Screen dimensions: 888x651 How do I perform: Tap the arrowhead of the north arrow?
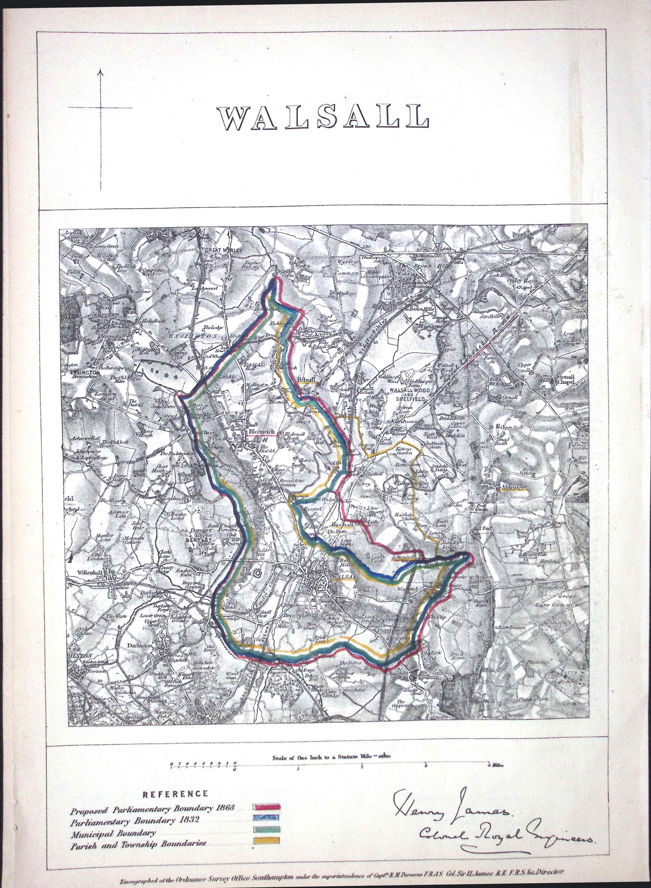(100, 72)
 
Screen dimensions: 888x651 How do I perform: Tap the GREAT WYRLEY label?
(220, 251)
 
